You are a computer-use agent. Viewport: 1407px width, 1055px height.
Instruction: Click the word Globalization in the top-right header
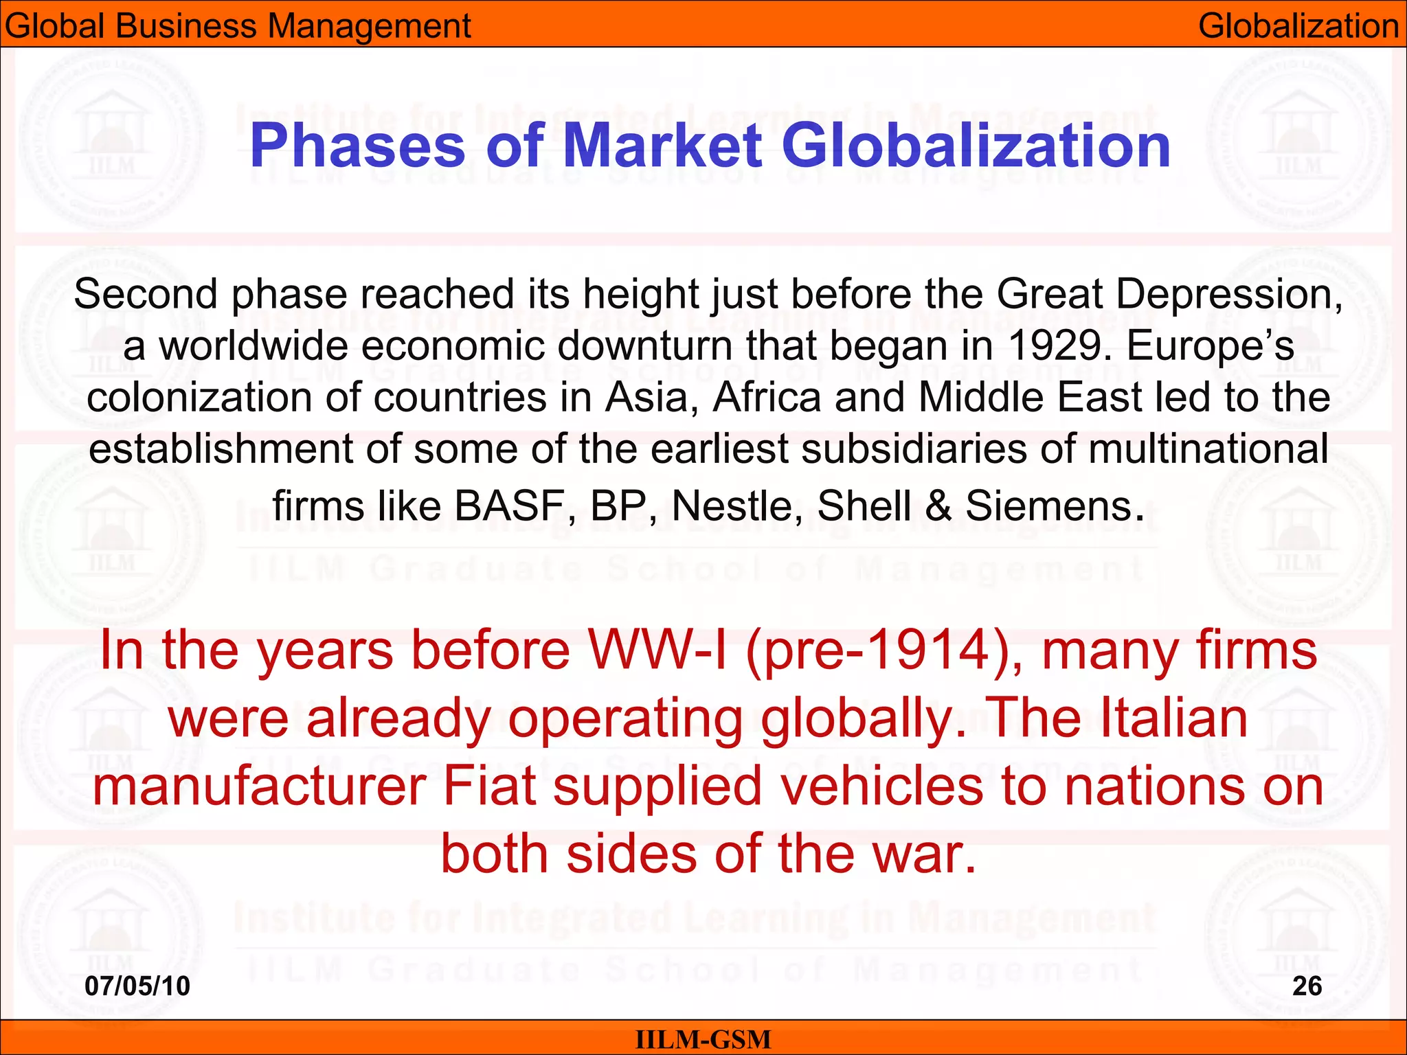1298,26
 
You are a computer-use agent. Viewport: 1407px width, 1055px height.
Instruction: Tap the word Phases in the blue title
358,146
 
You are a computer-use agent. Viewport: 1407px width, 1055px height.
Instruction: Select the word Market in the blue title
662,146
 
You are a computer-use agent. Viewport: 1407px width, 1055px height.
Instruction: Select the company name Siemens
1048,506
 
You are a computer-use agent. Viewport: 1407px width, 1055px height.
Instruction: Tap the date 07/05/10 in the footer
137,986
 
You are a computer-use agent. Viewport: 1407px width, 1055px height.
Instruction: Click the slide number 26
1307,986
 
